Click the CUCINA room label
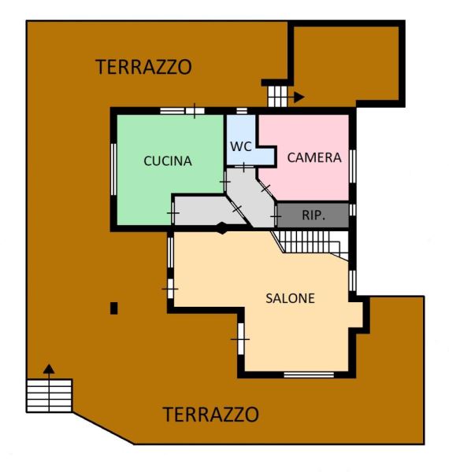[168, 160]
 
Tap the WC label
[241, 146]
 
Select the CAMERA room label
[314, 157]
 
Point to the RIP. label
[314, 215]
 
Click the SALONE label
[290, 298]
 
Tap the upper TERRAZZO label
[143, 67]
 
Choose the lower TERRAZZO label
[210, 415]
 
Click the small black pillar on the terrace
[113, 308]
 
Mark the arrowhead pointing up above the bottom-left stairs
[49, 369]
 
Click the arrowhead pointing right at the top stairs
[299, 98]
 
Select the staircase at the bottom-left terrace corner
[49, 396]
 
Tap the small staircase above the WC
[277, 96]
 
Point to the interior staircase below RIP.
[310, 243]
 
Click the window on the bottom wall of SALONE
[309, 374]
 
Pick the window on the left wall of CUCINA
[113, 169]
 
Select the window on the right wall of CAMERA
[352, 166]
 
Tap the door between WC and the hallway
[244, 166]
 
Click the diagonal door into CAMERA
[265, 188]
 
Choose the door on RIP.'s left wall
[276, 216]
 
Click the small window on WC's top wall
[242, 111]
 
